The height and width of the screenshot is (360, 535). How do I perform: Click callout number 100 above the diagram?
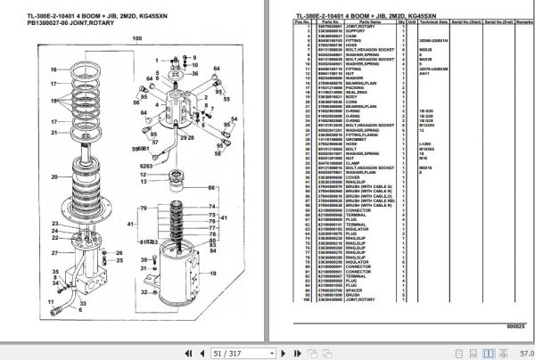[x=137, y=39]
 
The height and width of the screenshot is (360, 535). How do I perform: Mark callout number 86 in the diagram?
[x=211, y=188]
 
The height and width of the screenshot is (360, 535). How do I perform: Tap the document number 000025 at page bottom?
[x=513, y=326]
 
